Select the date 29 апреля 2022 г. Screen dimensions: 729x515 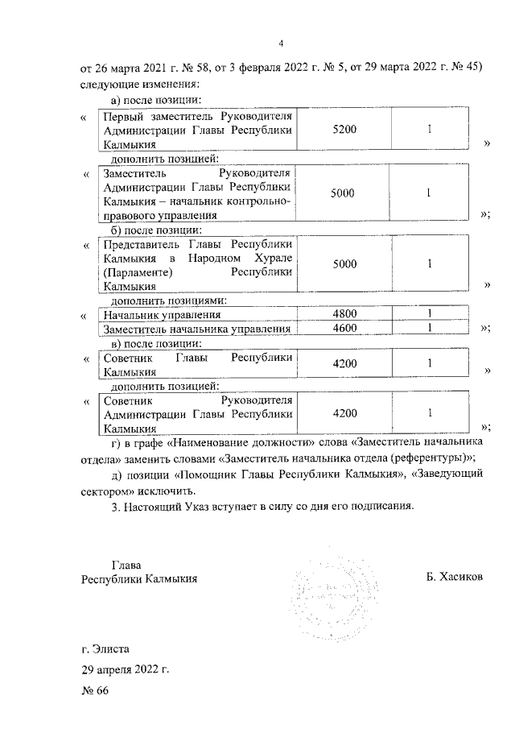point(125,669)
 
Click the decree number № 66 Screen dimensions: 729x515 point(94,692)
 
